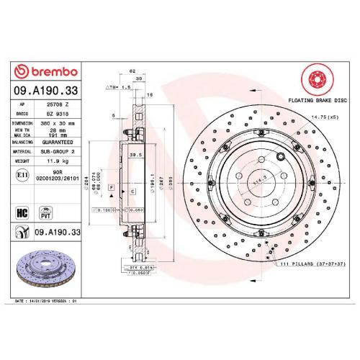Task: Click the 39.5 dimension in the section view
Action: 133,154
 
